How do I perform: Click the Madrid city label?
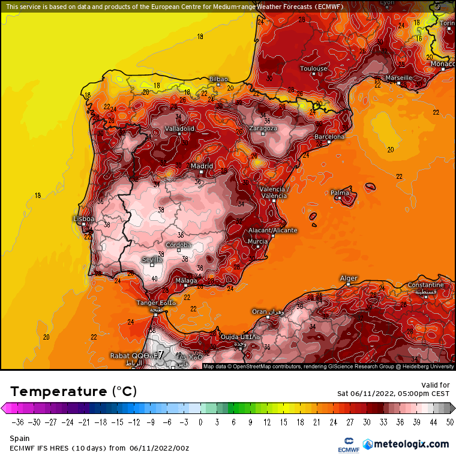[202, 166]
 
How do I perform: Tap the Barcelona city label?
[330, 137]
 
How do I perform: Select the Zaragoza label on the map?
[263, 128]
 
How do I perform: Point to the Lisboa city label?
[83, 219]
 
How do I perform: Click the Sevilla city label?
[152, 260]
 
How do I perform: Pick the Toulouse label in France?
[314, 68]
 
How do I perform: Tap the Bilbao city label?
[218, 79]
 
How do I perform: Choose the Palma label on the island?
[340, 193]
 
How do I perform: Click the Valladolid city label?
[179, 128]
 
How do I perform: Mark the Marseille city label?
[398, 78]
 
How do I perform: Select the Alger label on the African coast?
[349, 278]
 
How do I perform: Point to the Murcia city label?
[258, 242]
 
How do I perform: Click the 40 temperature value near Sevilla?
[155, 278]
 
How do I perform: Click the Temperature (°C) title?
[73, 392]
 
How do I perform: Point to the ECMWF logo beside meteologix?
[347, 443]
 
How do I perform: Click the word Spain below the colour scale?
[19, 439]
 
